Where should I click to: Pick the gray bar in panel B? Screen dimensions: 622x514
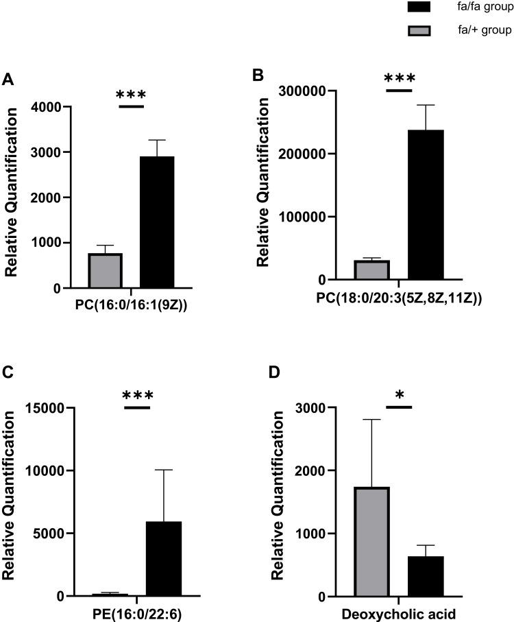(373, 270)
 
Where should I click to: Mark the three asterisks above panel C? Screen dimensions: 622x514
(138, 396)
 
